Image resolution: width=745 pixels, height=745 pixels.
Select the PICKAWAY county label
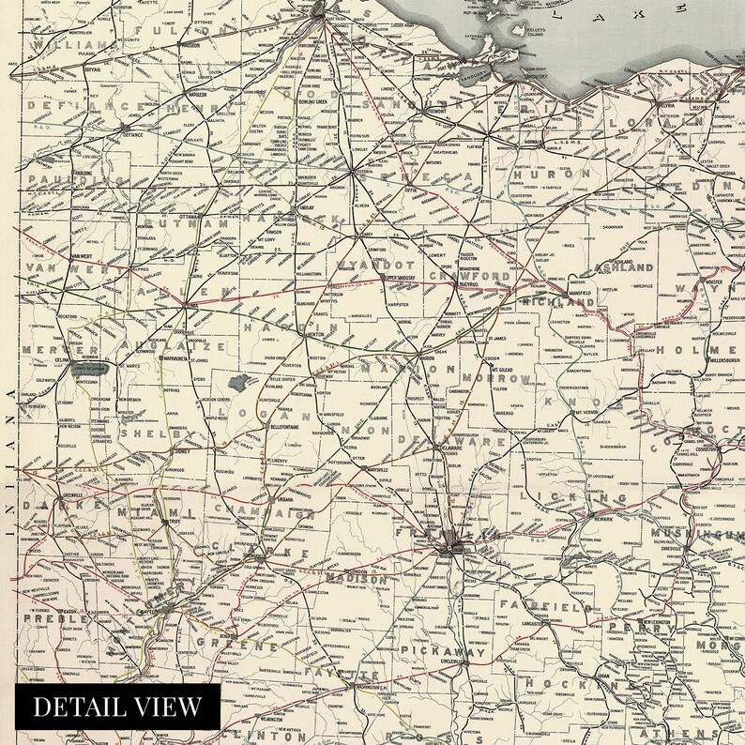click(443, 649)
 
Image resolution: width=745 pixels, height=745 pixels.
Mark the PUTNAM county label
click(187, 225)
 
